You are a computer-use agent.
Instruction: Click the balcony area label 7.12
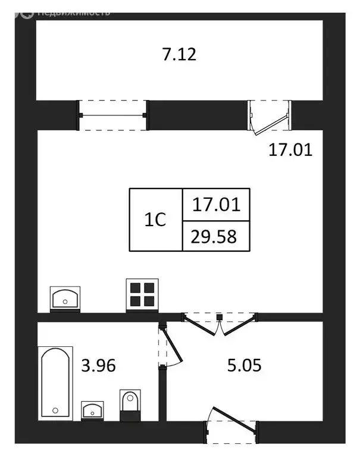pyautogui.click(x=179, y=55)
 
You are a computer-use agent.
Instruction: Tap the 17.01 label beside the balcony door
pyautogui.click(x=290, y=149)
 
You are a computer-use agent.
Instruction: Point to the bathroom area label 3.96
pyautogui.click(x=98, y=364)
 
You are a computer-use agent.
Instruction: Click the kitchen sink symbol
pyautogui.click(x=65, y=298)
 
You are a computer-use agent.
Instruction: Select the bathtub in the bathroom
pyautogui.click(x=56, y=383)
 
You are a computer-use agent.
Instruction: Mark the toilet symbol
pyautogui.click(x=130, y=405)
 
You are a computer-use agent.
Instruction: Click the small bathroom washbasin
pyautogui.click(x=92, y=410)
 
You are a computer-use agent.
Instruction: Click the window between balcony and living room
pyautogui.click(x=113, y=115)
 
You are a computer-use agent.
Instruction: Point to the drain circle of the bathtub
pyautogui.click(x=55, y=410)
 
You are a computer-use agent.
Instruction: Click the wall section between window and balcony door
pyautogui.click(x=198, y=115)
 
